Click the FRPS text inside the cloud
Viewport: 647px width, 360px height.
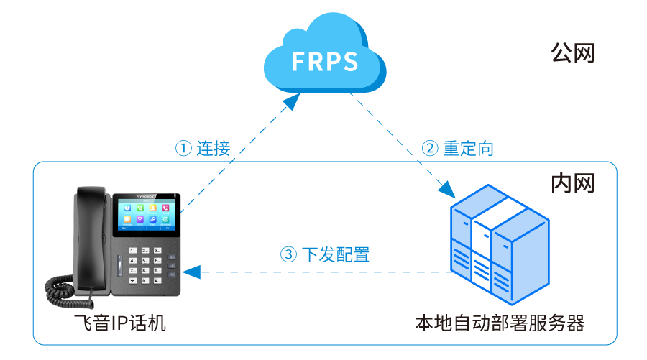(x=325, y=62)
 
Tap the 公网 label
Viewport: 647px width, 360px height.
(x=572, y=53)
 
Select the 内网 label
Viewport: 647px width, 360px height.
(x=572, y=183)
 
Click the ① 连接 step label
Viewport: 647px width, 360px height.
(x=203, y=149)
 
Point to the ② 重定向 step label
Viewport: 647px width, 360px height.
(x=458, y=149)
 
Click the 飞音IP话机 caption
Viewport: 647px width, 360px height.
(x=120, y=323)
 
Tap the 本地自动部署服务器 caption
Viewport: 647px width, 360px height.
(x=500, y=323)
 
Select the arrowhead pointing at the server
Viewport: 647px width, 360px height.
(x=447, y=189)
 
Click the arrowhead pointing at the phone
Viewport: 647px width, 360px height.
(x=190, y=272)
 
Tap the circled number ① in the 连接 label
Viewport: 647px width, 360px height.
(x=184, y=149)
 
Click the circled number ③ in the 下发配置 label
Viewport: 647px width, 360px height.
(x=288, y=254)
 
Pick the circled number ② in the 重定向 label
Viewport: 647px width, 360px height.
(x=429, y=149)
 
